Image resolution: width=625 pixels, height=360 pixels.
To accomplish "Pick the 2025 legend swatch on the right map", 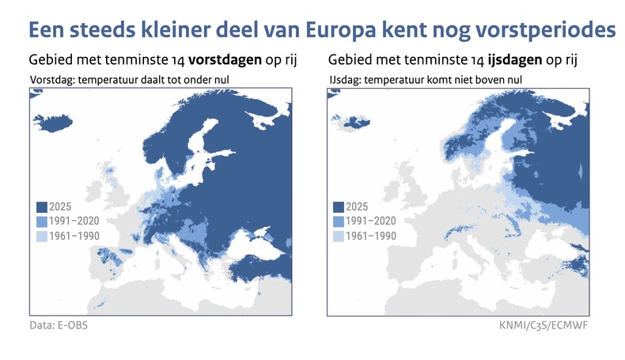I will [x=339, y=208].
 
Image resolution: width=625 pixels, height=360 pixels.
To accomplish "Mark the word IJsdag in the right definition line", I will [x=346, y=79].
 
